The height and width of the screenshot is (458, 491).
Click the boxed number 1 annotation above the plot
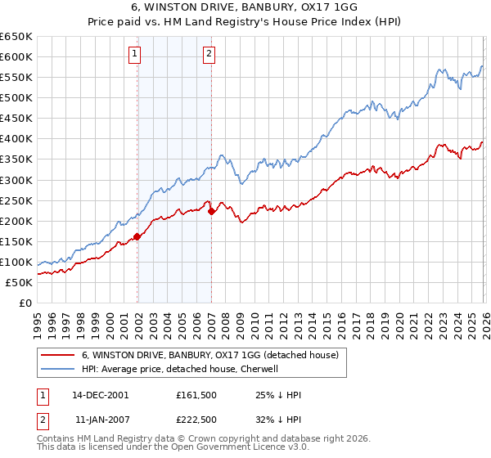(x=134, y=55)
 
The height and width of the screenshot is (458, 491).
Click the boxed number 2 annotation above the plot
(x=209, y=55)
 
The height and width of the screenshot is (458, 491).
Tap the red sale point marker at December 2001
(x=137, y=236)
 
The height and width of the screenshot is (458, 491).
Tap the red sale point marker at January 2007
(x=211, y=211)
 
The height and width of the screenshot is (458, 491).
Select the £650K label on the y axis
(x=16, y=37)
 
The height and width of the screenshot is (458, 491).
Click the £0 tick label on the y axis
(x=25, y=303)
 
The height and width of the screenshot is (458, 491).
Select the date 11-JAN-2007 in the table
(x=101, y=419)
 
